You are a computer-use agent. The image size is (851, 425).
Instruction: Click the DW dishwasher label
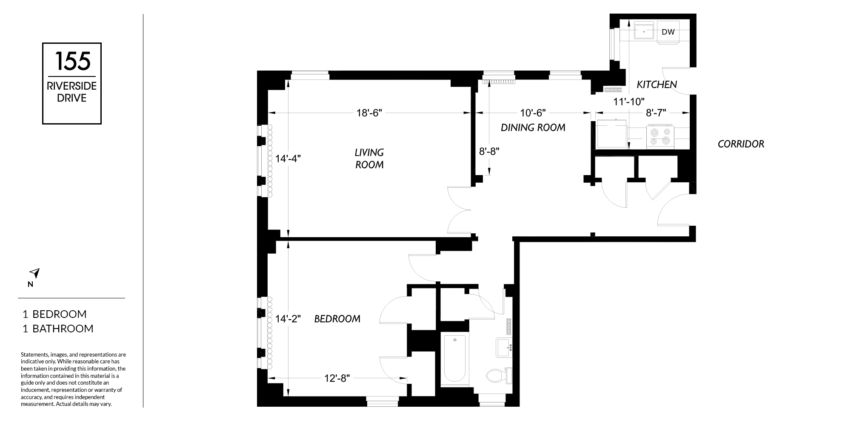pos(668,32)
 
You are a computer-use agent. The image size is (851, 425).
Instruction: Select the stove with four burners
pos(660,137)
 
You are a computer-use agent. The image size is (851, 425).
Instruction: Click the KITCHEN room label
pos(657,85)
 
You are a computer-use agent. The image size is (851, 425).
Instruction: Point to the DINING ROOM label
pos(533,127)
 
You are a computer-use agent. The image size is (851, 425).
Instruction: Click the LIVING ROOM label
pos(369,159)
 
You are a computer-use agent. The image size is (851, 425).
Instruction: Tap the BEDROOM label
pos(337,319)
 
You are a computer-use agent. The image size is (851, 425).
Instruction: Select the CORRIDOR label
pos(741,144)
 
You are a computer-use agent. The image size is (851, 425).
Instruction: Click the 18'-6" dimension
pos(369,113)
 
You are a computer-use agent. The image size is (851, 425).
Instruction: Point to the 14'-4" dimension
pos(288,159)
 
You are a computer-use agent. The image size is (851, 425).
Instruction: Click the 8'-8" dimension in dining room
pos(489,151)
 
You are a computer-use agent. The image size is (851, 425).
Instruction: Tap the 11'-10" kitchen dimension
pos(629,102)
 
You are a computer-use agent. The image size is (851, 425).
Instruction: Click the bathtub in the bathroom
pos(454,360)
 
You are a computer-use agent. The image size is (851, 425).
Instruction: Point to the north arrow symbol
pos(34,273)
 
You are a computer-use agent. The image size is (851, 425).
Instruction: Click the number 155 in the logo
pos(72,61)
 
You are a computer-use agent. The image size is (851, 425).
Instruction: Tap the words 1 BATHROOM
pos(58,329)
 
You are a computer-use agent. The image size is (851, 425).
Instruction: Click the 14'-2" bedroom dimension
pos(288,319)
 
